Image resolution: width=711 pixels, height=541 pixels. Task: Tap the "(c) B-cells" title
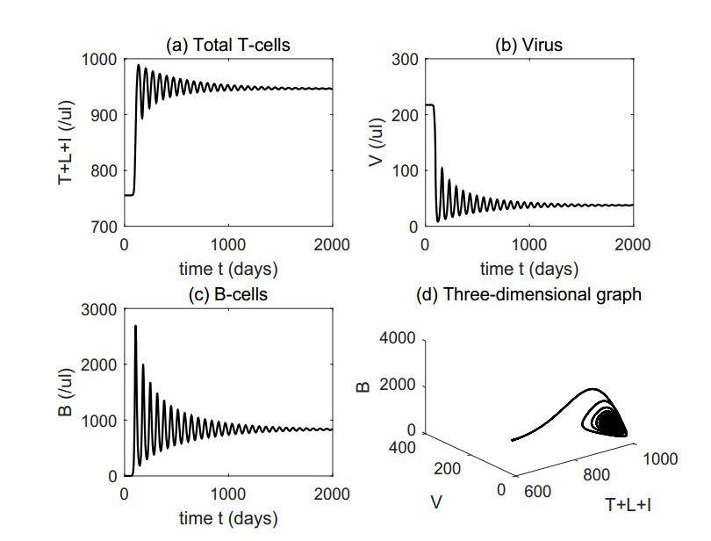(228, 295)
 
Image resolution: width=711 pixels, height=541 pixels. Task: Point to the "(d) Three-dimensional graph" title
(528, 295)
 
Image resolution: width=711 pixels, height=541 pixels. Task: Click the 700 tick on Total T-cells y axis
(104, 227)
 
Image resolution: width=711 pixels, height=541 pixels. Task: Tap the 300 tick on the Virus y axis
(405, 60)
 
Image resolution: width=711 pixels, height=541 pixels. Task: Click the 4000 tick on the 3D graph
(399, 339)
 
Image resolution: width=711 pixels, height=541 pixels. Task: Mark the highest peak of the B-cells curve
(135, 327)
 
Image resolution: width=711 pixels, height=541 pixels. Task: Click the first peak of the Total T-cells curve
(138, 65)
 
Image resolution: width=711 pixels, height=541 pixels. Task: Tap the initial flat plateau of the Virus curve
(430, 105)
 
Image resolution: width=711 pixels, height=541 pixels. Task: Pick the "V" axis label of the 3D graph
(436, 501)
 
